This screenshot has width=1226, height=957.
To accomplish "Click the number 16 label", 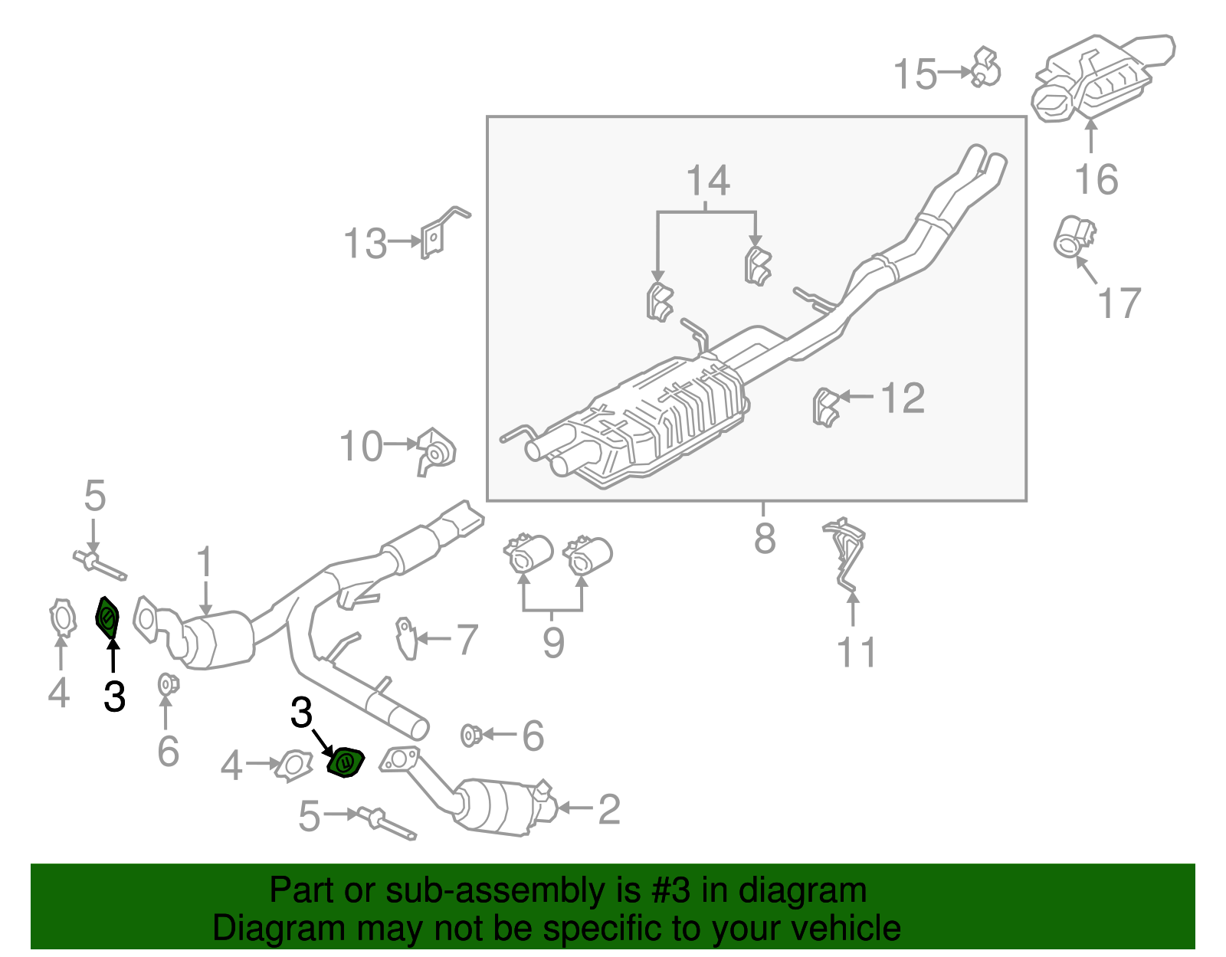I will pos(1096,179).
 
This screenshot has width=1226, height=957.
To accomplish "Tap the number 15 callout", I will pos(915,74).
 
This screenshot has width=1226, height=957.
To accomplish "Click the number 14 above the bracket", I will pos(707,182).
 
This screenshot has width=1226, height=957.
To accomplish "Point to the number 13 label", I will pos(365,244).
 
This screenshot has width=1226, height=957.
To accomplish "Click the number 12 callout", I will pos(903,398).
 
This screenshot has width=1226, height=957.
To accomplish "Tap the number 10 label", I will pos(360,447).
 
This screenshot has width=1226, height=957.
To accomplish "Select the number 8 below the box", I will pos(764,538).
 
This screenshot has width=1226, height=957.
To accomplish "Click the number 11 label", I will pos(856,653).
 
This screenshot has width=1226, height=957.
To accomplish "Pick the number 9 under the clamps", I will pos(553,642).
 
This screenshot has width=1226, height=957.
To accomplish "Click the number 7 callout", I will pos(467,639).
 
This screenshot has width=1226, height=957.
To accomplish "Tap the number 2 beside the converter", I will pos(608,809).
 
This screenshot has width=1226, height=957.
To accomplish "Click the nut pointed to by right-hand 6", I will pos(470,736).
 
